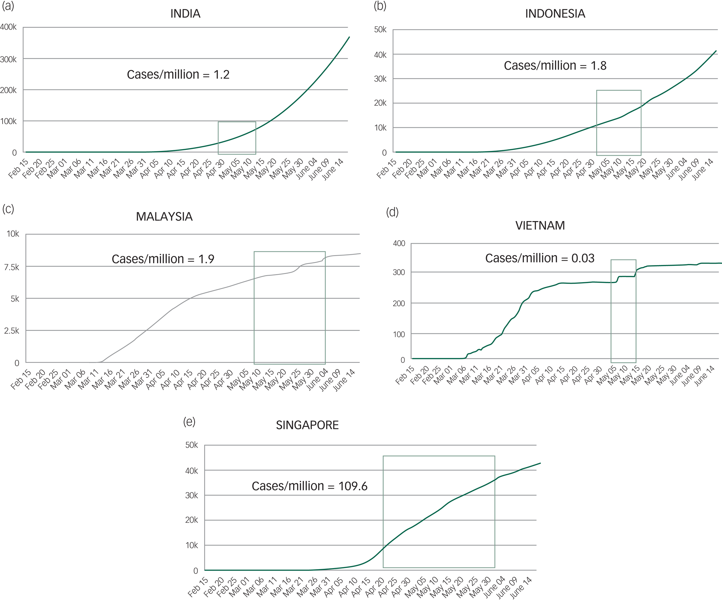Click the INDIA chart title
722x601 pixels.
click(185, 14)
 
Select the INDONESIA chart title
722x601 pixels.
click(555, 14)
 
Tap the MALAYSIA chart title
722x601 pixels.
click(164, 216)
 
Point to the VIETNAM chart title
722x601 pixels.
click(540, 225)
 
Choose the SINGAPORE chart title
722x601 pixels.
click(307, 425)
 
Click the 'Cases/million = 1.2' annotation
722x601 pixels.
click(178, 74)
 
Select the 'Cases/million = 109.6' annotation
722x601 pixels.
click(309, 486)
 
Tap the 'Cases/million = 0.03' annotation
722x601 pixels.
click(540, 258)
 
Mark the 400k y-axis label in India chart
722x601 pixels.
click(8, 27)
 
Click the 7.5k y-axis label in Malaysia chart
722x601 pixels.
click(12, 267)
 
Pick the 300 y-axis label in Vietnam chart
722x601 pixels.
click(399, 272)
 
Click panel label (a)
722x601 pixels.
click(8, 6)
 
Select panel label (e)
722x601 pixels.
click(189, 421)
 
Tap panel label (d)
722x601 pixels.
click(392, 212)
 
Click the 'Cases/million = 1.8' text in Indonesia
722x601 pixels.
click(555, 65)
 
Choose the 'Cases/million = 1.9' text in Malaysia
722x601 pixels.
click(163, 259)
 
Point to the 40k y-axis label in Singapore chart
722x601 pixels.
click(191, 471)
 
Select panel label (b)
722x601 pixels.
click(380, 6)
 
